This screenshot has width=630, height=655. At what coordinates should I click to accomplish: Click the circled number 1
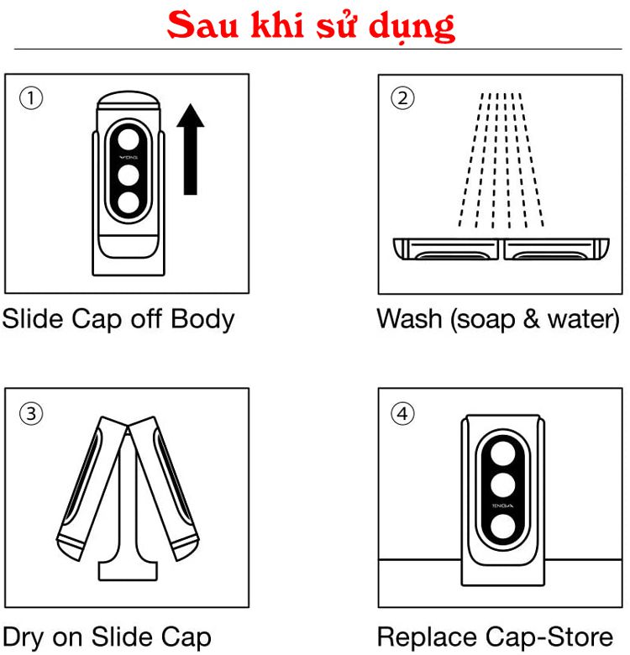coord(31,98)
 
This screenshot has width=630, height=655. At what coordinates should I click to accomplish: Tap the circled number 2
coord(402,98)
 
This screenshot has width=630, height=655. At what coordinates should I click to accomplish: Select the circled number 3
coord(31,414)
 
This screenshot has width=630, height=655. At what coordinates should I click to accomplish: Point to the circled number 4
coord(402,413)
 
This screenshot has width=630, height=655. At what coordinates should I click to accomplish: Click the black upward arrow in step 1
coord(191,149)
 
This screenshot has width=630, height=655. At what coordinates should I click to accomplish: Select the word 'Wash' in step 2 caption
coord(409,319)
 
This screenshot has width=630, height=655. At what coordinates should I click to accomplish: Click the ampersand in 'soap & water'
coord(531,319)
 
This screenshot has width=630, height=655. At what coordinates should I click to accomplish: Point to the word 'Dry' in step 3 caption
coord(24,637)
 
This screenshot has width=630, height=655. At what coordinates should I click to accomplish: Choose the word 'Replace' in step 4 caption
coord(427,637)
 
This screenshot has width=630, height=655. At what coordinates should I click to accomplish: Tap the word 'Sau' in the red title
coord(203,25)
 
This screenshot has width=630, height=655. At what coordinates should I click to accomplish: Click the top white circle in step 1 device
coord(129,139)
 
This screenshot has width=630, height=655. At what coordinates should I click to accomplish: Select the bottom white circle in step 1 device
coord(129,202)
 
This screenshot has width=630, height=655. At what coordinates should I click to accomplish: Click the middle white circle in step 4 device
coord(502,485)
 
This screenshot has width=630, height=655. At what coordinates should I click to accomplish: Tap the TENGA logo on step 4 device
coord(502,506)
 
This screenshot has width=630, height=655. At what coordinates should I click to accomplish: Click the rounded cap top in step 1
coord(129,101)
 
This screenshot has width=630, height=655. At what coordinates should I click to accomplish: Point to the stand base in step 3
coord(128,571)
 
